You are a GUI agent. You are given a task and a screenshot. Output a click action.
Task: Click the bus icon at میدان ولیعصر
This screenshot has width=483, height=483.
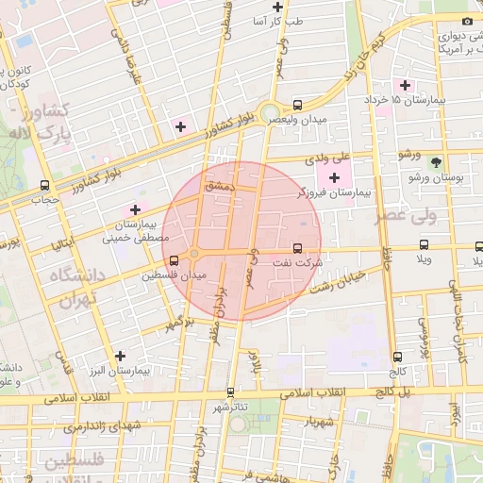pyautogui.click(x=298, y=106)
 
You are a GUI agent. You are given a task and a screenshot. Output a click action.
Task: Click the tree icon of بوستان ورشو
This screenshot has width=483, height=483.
pyautogui.click(x=435, y=162)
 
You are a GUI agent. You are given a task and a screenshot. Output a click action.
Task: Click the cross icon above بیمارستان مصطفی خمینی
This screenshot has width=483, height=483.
pyautogui.click(x=135, y=209)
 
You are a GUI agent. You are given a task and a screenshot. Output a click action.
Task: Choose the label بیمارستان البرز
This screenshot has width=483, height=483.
pyautogui.click(x=120, y=372)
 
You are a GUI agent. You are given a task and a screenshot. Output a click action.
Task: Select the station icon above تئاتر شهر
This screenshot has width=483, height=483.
pyautogui.click(x=230, y=391)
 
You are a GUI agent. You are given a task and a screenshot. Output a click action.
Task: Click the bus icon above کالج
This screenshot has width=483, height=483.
pyautogui.click(x=397, y=358)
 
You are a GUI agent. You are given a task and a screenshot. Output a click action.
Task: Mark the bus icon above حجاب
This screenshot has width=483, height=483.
pyautogui.click(x=45, y=185)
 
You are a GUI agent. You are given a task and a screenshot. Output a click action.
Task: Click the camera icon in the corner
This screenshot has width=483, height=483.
pyautogui.click(x=467, y=21)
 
